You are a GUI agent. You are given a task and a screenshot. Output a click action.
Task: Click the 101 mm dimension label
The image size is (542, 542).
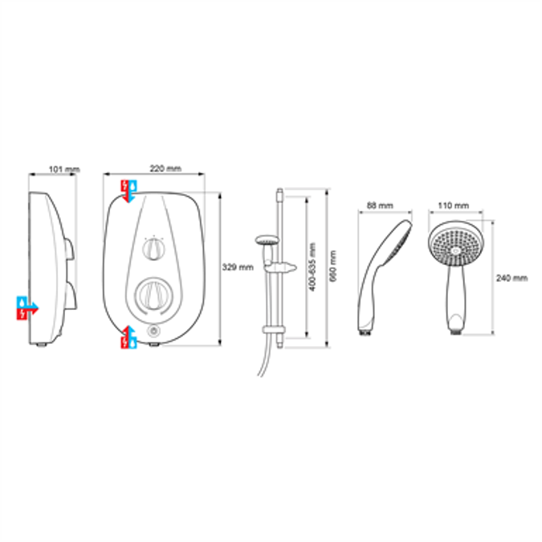[64, 169]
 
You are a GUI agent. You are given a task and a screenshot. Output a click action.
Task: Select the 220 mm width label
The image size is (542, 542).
[165, 169]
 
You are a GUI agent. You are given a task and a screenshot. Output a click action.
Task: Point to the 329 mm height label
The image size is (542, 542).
[238, 267]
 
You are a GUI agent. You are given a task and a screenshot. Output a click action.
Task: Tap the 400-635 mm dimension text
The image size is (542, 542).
[312, 267]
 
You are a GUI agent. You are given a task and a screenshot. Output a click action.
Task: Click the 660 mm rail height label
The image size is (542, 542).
[333, 266]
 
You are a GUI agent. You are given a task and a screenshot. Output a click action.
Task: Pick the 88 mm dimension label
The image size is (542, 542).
[380, 206]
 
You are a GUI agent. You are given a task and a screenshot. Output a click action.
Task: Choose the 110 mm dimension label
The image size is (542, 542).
[453, 206]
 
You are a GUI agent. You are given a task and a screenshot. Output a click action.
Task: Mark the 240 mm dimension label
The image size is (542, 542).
[512, 278]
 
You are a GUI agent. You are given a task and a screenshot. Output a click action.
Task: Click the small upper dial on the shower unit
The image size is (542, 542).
[153, 249]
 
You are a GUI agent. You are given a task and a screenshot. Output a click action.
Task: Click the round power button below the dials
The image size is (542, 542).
[153, 331]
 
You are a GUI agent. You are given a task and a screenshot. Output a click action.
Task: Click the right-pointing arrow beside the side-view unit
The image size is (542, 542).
[27, 308]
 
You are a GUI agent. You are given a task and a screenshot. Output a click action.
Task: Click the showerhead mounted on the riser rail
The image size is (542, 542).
[267, 240]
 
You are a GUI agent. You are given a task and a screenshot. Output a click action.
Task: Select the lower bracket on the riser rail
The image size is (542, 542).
[274, 330]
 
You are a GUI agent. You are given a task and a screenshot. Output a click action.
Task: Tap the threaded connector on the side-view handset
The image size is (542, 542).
[365, 333]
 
